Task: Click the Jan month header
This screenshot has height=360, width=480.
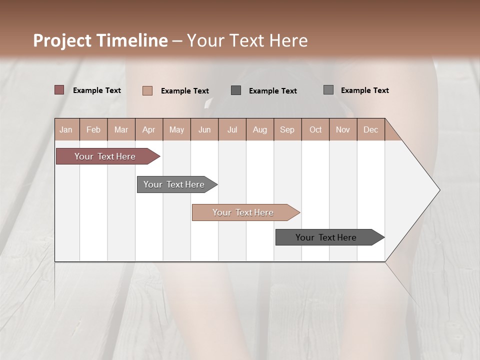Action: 66,129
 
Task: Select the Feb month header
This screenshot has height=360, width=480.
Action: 93,129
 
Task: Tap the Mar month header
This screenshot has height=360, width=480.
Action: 121,129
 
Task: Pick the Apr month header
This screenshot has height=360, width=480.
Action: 149,129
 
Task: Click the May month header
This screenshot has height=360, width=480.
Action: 176,129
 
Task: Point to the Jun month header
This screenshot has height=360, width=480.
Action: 204,129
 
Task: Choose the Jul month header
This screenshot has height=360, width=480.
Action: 232,129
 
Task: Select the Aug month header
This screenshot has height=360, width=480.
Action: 260,129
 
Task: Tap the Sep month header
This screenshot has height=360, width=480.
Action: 287,129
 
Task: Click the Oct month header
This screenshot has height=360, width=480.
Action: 315,129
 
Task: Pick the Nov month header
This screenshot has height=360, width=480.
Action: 343,129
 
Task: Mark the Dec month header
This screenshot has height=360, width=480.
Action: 371,129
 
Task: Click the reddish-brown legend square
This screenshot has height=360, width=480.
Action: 59,90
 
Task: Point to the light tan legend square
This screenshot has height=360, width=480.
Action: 147,90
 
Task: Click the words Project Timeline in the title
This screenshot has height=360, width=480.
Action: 100,40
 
